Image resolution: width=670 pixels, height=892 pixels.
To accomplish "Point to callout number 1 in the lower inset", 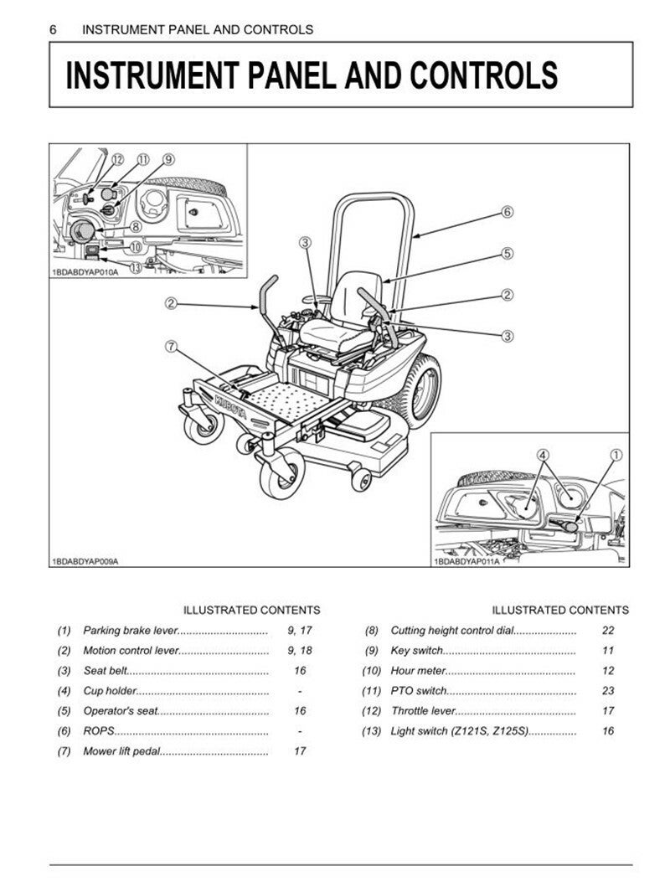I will [616, 455].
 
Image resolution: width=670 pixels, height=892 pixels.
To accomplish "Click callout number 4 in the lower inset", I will [543, 455].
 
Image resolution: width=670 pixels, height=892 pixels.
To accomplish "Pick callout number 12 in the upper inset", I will [116, 159].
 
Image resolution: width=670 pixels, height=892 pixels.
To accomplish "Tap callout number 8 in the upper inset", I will [136, 226].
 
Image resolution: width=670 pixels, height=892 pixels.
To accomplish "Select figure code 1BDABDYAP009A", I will [85, 561].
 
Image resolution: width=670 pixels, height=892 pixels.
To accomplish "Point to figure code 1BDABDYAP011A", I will [466, 561].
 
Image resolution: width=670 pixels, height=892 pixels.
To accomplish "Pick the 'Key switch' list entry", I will [417, 650].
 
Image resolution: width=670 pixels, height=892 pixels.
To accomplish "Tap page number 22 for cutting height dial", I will [608, 630].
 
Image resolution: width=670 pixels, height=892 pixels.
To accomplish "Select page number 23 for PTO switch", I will [608, 691].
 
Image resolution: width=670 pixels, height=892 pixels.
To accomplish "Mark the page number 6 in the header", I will [54, 29].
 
